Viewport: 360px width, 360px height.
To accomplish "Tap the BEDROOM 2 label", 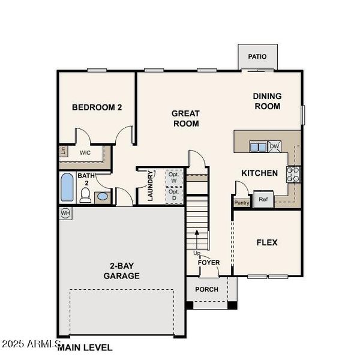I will (97, 107).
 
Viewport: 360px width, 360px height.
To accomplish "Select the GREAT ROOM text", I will (185, 118).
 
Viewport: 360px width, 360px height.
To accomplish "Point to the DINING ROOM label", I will (267, 101).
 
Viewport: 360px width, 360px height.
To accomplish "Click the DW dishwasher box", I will (274, 146).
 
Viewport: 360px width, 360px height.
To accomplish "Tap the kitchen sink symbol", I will (259, 146).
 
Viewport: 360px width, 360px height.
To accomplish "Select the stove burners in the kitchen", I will (293, 173).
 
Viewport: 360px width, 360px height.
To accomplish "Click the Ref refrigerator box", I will (263, 199).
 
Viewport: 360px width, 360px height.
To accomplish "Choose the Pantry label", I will (242, 203).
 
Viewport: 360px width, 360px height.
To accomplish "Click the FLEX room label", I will (267, 242).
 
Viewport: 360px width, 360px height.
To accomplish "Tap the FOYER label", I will (209, 262).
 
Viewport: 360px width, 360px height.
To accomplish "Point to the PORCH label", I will (207, 289).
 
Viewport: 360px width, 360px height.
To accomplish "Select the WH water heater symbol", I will (65, 213).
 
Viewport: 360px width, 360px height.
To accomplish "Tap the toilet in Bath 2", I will (85, 194).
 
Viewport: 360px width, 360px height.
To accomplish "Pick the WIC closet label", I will (86, 152).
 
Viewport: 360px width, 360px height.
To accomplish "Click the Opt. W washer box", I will (175, 178).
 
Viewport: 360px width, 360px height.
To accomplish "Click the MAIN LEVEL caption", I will (85, 347).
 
